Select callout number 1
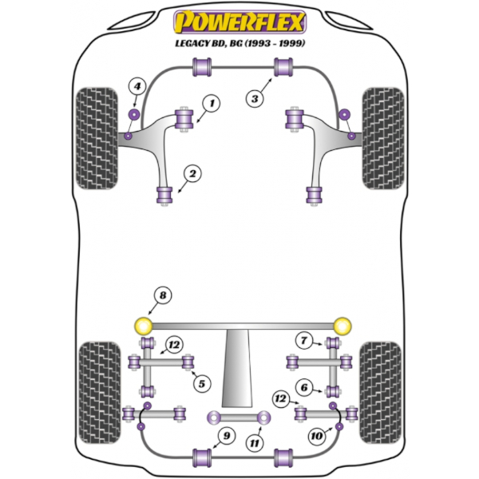[x=212, y=102]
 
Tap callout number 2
[x=192, y=172]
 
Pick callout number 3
[x=255, y=98]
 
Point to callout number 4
[x=137, y=86]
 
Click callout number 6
[x=303, y=387]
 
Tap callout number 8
[x=163, y=297]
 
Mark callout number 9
[x=226, y=435]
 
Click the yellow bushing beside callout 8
[x=144, y=325]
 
